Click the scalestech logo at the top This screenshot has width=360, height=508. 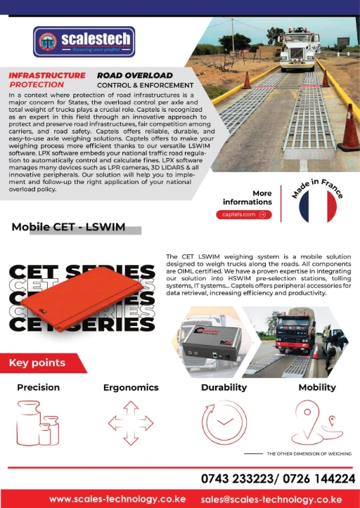point(84,41)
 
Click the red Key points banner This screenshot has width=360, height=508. point(39,363)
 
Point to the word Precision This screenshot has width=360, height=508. point(39,387)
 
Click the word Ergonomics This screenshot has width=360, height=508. point(131,387)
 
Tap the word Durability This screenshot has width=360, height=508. point(224,387)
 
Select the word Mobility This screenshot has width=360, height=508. point(316,387)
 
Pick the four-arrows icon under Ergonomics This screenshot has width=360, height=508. point(130,424)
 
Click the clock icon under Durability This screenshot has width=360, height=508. point(224,424)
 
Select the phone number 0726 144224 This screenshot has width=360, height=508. point(320,479)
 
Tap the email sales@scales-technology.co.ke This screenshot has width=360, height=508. point(276,498)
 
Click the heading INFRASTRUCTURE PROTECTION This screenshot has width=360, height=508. point(46,79)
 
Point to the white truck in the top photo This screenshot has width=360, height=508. point(295,50)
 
